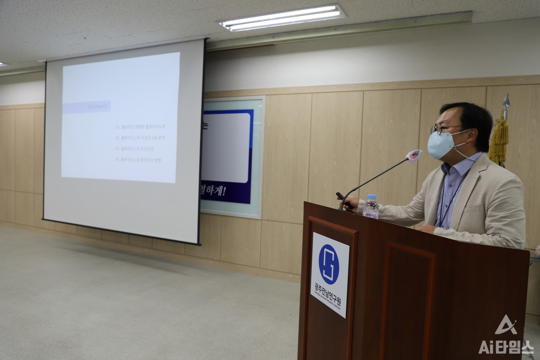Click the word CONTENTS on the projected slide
(97, 107)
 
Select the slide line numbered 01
(140, 127)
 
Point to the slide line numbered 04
(138, 160)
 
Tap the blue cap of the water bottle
(371, 197)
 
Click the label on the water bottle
(371, 215)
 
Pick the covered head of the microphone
(414, 155)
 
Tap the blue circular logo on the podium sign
(329, 264)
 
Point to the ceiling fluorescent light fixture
(282, 18)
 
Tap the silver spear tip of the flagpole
(506, 100)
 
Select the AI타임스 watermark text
(506, 346)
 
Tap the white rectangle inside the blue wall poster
(227, 148)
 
